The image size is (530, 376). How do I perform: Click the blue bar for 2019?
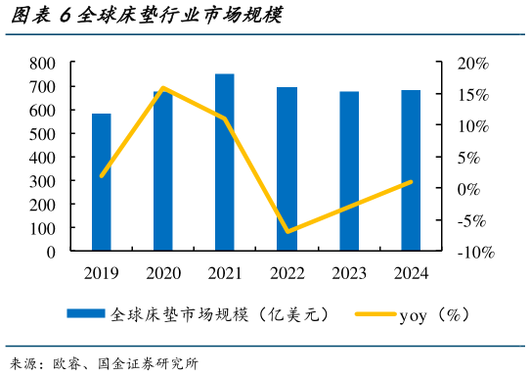coord(102,182)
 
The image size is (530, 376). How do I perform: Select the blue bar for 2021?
coord(225,163)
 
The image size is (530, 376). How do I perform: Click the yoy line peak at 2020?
coord(163,88)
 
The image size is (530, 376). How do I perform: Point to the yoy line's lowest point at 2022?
coord(287,232)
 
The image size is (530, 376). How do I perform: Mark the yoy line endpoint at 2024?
coord(411,181)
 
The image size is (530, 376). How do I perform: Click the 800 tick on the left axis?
coord(42,63)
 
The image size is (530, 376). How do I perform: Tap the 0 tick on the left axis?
coord(50,252)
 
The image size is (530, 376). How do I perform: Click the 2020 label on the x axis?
coord(163,273)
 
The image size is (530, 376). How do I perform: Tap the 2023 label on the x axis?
coord(349,273)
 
